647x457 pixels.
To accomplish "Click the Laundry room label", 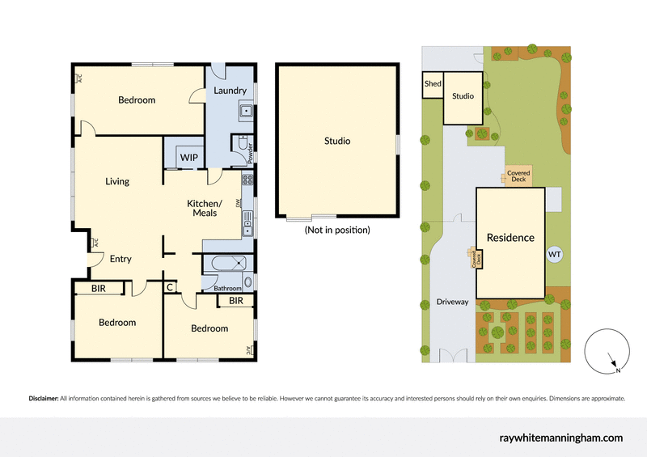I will coord(230,91).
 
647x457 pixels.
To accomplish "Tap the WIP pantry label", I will coord(189,157).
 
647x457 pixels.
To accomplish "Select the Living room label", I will coord(117,181).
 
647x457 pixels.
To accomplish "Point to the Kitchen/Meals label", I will coord(204,208).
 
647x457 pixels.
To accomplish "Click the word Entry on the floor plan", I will coord(121,259).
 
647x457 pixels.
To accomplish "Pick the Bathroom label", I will coord(228,288).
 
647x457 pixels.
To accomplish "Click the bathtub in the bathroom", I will coord(226,262).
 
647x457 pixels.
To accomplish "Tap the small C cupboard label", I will coord(170,286).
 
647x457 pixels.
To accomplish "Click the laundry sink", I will coord(246,112).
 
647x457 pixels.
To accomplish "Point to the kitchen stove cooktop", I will coord(248,180).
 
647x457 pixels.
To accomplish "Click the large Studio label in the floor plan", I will coord(337,141).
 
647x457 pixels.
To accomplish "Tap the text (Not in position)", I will coord(337,230).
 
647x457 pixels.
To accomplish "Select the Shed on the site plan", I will coord(433,83).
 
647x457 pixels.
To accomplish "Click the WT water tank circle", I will coord(555,255).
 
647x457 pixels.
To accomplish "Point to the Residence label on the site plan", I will coord(510,238).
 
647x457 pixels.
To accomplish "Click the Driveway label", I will coord(453,302).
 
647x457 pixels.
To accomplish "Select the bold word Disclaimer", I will coord(43,399).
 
